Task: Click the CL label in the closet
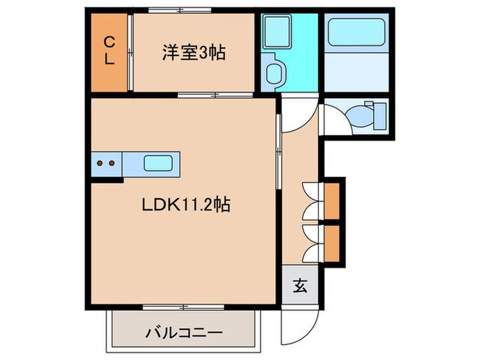point(109,51)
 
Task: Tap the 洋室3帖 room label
point(195,51)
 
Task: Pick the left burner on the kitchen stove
point(100,164)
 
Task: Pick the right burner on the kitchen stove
point(110,164)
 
